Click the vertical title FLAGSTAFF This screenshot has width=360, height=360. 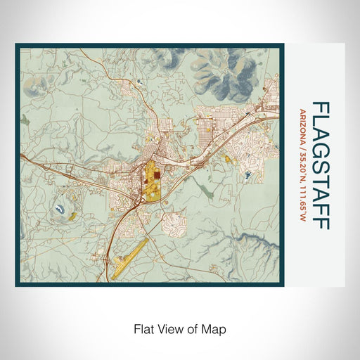tap(320, 165)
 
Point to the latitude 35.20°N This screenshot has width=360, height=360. tap(302, 167)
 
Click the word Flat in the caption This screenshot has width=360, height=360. tap(142, 328)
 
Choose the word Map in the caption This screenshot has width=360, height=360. tap(215, 328)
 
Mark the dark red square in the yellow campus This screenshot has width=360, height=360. tap(157, 177)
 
